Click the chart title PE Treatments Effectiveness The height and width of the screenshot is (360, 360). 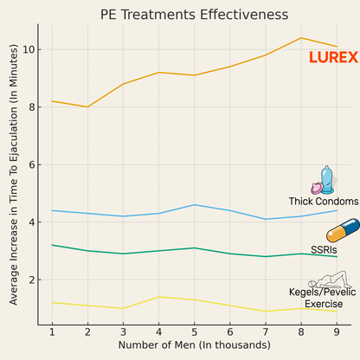(x=194, y=15)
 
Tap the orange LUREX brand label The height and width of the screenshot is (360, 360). (x=333, y=58)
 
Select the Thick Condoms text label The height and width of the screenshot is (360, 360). (x=323, y=202)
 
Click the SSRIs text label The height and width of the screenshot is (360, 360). (x=325, y=249)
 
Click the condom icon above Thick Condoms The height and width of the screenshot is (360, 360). (x=322, y=181)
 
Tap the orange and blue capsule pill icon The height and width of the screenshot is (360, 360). (x=342, y=231)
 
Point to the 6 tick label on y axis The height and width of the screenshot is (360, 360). (x=32, y=164)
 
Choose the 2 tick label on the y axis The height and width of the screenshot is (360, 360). (x=32, y=280)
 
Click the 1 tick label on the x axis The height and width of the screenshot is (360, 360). (x=52, y=331)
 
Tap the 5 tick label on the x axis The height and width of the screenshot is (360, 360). (x=194, y=331)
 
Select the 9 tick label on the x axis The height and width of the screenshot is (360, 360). (x=336, y=331)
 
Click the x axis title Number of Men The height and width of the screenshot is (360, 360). (x=194, y=346)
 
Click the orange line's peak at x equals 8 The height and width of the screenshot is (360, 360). (x=300, y=38)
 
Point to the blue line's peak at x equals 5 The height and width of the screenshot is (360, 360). (x=194, y=205)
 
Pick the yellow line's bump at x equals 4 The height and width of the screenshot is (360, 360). (x=158, y=297)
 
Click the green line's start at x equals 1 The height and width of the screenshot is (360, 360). (x=52, y=245)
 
